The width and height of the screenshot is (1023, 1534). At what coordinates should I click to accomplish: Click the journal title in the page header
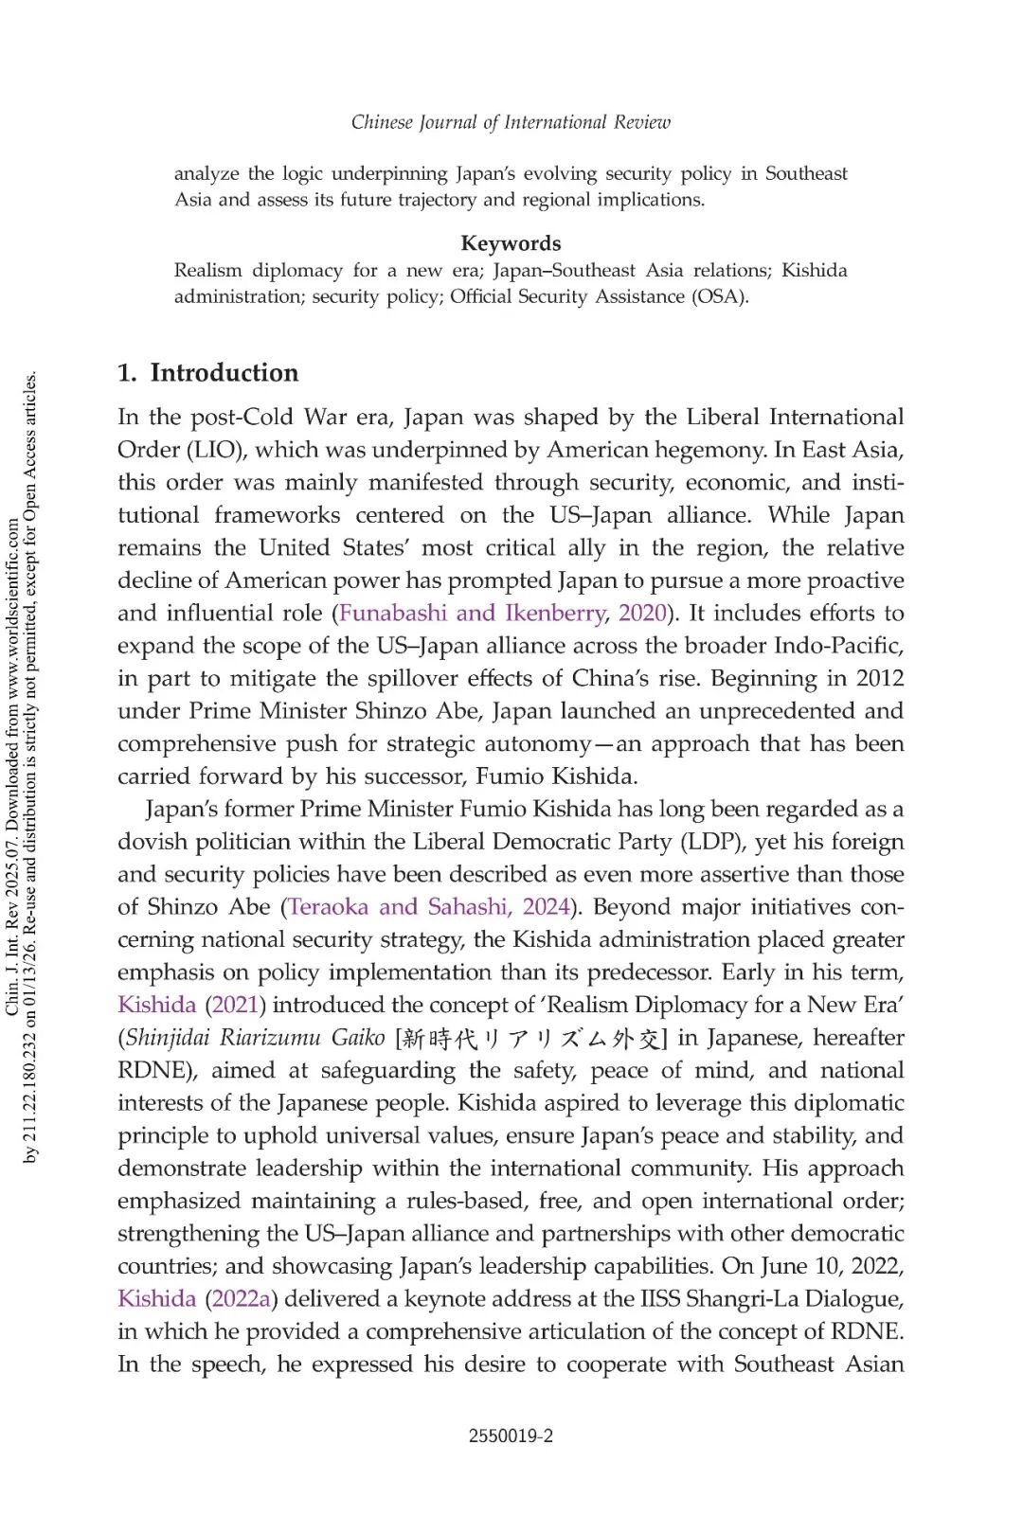point(511,122)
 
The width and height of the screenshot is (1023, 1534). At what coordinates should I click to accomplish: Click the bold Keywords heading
point(511,243)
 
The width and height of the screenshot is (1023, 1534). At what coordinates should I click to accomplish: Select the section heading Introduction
point(224,373)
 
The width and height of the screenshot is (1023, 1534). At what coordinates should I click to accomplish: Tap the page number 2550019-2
point(511,1436)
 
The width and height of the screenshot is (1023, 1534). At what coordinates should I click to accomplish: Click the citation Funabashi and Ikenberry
point(472,614)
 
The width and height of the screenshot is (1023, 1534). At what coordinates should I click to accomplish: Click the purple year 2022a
point(242,1299)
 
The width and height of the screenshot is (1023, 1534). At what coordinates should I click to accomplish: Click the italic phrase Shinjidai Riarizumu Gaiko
point(255,1038)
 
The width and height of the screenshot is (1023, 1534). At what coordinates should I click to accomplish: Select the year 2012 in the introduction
point(879,679)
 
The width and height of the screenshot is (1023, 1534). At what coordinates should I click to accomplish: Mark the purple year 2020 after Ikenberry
point(642,614)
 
